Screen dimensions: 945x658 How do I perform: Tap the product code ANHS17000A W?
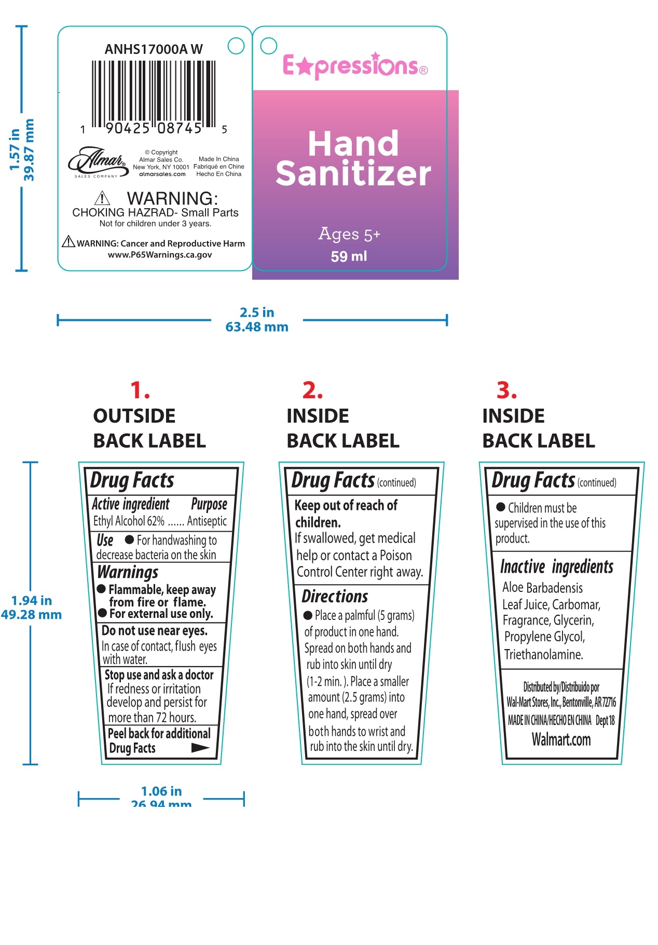click(154, 49)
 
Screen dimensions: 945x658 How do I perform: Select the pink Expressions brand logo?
click(355, 66)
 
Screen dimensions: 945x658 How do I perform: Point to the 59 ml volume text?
click(349, 256)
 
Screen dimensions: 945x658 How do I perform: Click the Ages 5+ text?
click(349, 235)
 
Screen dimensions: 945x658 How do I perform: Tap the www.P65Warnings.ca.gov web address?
click(160, 255)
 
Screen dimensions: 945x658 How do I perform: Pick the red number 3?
click(506, 390)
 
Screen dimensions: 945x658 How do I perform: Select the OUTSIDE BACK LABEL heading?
click(149, 428)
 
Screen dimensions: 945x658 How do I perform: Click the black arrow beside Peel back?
click(200, 748)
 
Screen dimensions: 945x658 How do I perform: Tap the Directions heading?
click(335, 596)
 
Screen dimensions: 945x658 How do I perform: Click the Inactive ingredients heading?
click(556, 566)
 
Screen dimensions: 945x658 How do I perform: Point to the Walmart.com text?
click(561, 739)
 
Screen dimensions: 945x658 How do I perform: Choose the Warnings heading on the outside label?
click(128, 572)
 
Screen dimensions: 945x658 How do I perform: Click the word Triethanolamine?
click(543, 654)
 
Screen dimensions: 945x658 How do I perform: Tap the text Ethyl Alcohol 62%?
click(129, 521)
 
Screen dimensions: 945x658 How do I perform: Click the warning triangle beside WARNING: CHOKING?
click(102, 198)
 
